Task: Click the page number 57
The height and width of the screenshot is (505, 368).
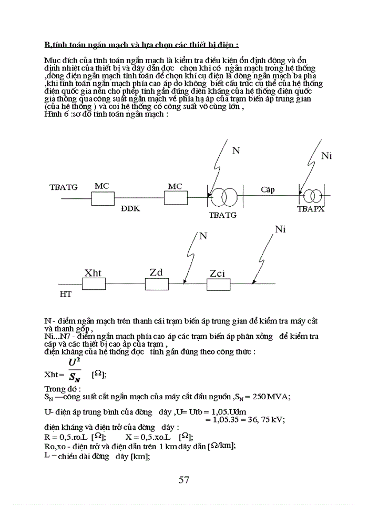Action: click(184, 479)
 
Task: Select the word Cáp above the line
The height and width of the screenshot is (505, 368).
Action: click(268, 189)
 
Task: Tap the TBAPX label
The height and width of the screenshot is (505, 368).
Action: click(311, 209)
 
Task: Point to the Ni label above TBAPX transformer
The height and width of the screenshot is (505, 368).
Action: click(326, 156)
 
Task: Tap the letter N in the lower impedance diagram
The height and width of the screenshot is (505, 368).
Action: click(203, 236)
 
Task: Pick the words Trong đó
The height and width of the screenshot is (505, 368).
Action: click(63, 388)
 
